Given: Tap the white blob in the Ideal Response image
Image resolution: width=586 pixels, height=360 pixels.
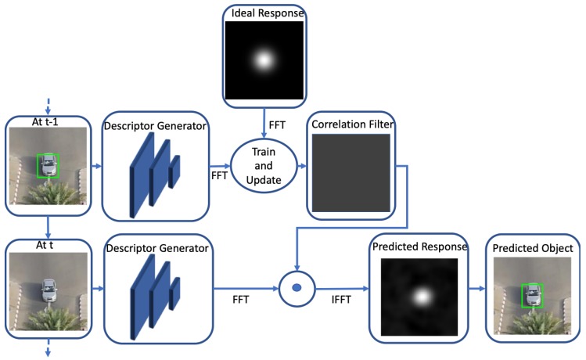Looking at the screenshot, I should [x=264, y=59].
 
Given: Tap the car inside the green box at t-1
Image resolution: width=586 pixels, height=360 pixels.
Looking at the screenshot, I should [x=49, y=165].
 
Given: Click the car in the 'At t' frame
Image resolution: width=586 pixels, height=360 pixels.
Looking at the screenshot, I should [x=49, y=289].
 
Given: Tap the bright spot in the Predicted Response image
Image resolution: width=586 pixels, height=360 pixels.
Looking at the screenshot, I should [x=422, y=297].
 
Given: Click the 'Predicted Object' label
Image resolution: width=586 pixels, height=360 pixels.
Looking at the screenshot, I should [x=533, y=248].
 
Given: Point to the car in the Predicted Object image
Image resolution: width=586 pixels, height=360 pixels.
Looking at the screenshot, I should [x=533, y=294].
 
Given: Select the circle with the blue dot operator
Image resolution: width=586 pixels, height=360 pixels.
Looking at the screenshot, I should [x=297, y=288].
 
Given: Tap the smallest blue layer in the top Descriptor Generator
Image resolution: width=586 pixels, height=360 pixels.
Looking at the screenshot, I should [x=174, y=171].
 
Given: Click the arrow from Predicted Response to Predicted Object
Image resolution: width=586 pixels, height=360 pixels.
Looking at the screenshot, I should [x=476, y=288].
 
